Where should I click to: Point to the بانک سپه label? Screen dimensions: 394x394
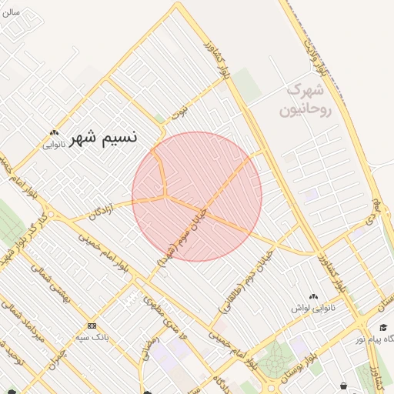pos(92,336)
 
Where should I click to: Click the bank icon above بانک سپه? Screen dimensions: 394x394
pos(92,326)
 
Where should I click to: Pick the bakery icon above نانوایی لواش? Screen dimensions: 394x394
pos(312,297)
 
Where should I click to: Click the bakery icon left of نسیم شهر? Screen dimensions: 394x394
pos(52,132)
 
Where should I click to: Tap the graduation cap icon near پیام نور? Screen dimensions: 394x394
pos(382,327)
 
